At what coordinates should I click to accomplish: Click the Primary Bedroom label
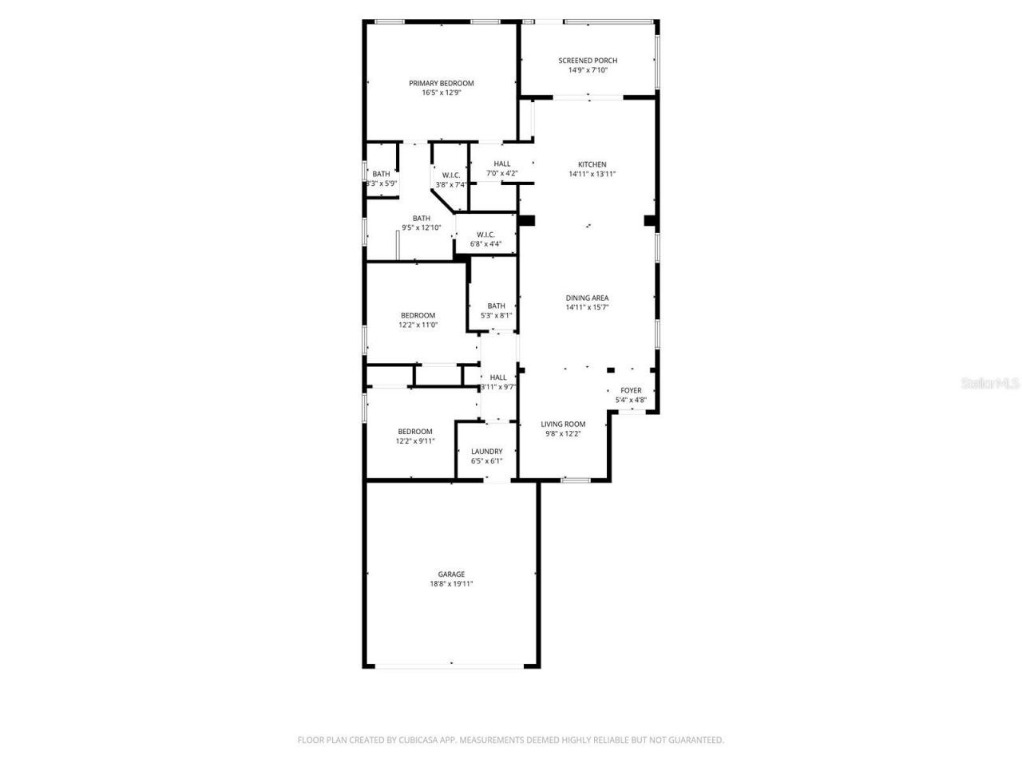(442, 83)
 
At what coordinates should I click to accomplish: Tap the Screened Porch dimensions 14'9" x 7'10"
(588, 70)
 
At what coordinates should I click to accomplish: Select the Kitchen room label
(592, 164)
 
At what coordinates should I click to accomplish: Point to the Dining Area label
(587, 298)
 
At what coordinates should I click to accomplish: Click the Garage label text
(451, 574)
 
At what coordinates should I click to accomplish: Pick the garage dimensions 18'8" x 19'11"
(451, 583)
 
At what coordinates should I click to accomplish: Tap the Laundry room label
(486, 451)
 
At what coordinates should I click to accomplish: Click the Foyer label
(631, 390)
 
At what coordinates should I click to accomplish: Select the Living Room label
(563, 424)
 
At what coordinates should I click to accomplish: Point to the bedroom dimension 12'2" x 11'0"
(418, 325)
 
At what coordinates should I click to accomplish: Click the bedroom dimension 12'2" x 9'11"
(415, 440)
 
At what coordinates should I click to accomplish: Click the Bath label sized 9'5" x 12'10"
(421, 219)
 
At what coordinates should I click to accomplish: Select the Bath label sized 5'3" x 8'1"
(496, 306)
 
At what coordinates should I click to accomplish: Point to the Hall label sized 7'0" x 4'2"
(501, 164)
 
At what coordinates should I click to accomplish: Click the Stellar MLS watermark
(990, 384)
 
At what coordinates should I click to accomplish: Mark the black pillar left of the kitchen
(526, 220)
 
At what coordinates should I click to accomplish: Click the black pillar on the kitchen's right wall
(650, 220)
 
